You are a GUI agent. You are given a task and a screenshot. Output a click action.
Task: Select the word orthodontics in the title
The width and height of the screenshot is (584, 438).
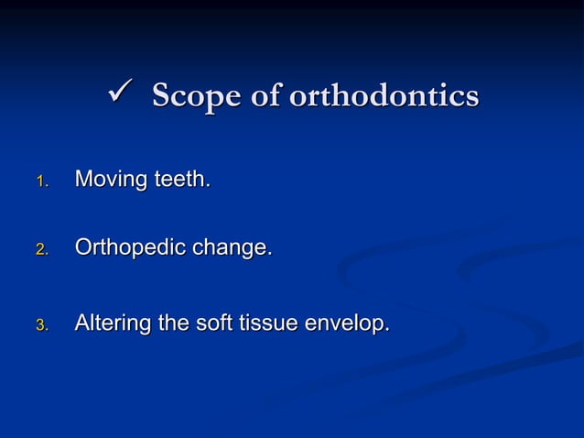(384, 95)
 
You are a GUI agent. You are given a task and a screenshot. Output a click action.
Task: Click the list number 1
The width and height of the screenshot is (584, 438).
(39, 181)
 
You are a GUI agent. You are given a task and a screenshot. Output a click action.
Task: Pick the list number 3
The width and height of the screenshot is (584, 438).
(39, 325)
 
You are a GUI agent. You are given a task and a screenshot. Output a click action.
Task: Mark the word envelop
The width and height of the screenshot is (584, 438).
(349, 324)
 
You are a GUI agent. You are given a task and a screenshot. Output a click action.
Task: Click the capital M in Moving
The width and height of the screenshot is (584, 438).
(82, 179)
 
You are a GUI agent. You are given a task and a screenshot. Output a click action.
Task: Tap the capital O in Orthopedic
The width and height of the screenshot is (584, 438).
(83, 247)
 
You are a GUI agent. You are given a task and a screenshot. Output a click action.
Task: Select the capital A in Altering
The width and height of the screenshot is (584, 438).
(81, 323)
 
